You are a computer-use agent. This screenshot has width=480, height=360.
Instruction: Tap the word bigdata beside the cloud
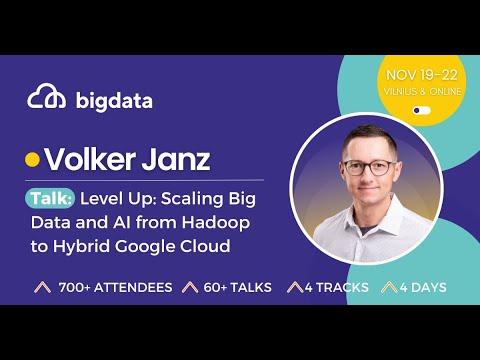pos(112,99)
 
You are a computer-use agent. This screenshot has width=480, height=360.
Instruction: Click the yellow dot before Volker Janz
pos(31,160)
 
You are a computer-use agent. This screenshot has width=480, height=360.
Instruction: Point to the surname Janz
pos(179,159)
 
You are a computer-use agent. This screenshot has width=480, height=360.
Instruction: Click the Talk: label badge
pos(50,197)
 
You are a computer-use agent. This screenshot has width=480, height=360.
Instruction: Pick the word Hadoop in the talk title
pos(239,222)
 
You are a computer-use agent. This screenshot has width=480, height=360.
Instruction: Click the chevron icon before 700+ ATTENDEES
pos(43,288)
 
